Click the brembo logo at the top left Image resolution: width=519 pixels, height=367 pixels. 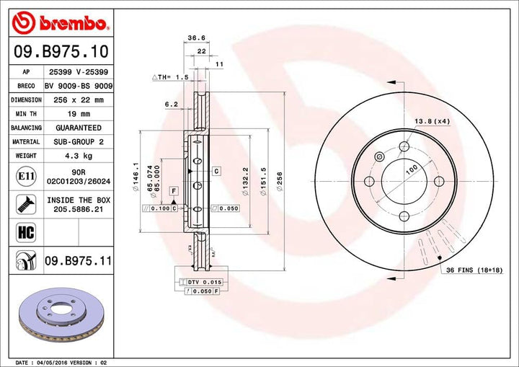[x=61, y=24]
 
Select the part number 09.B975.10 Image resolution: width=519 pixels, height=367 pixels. [x=61, y=51]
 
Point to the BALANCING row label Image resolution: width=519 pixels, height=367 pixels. [x=25, y=128]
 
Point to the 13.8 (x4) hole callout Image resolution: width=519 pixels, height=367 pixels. [x=432, y=121]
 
